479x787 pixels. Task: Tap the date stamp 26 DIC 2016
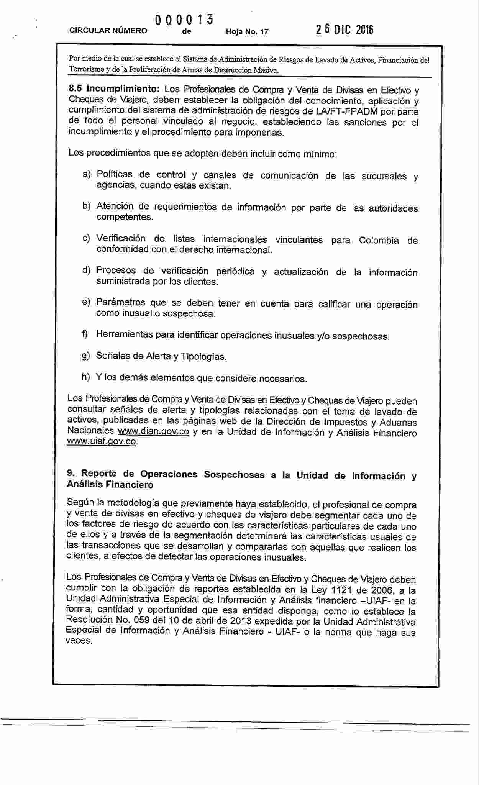pyautogui.click(x=344, y=30)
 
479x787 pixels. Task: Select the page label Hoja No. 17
pyautogui.click(x=247, y=31)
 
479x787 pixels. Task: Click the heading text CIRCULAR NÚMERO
pyautogui.click(x=108, y=31)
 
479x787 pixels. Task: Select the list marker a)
pyautogui.click(x=87, y=174)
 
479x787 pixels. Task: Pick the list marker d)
pyautogui.click(x=86, y=270)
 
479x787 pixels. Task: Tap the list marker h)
pyautogui.click(x=86, y=377)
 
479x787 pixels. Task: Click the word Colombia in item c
pyautogui.click(x=379, y=240)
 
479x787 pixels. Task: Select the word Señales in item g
pyautogui.click(x=113, y=356)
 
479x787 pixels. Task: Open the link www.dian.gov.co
pyautogui.click(x=153, y=431)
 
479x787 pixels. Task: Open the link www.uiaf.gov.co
pyautogui.click(x=102, y=441)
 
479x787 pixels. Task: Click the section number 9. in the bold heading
pyautogui.click(x=70, y=474)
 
